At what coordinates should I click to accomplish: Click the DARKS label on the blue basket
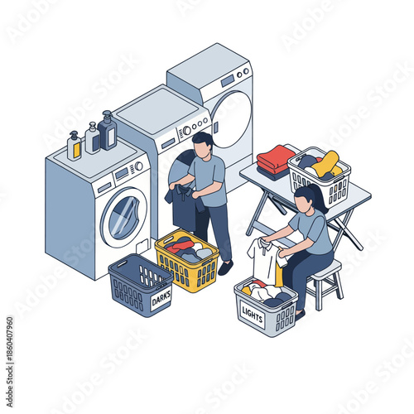coord(161,299)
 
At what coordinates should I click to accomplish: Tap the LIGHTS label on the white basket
coord(252,313)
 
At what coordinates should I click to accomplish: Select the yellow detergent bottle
coord(75,147)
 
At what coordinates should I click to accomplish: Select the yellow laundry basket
coord(187,260)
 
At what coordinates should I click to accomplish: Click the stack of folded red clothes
coord(276,158)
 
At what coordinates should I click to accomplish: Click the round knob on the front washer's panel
coord(139,166)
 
